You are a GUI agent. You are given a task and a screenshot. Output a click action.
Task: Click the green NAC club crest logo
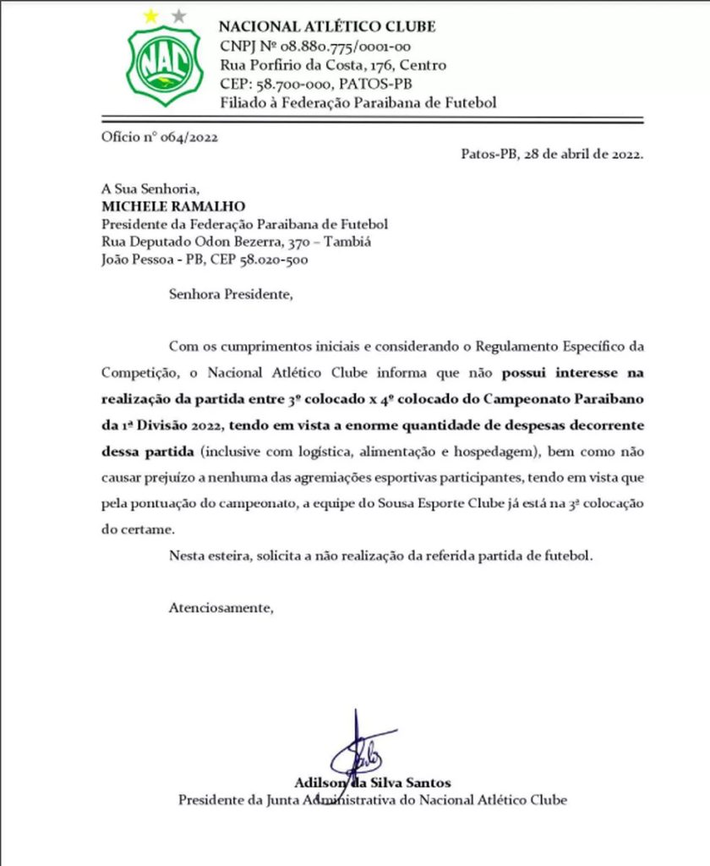coord(165,63)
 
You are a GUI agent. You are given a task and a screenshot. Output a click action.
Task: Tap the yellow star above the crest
coord(151,15)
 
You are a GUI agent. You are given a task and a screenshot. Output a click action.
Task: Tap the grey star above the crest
coord(177,15)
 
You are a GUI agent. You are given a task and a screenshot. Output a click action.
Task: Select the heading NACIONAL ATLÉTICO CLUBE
coord(327,27)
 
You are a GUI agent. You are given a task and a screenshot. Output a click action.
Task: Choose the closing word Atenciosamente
coord(221,607)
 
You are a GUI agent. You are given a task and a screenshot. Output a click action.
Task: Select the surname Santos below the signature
coord(427,782)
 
